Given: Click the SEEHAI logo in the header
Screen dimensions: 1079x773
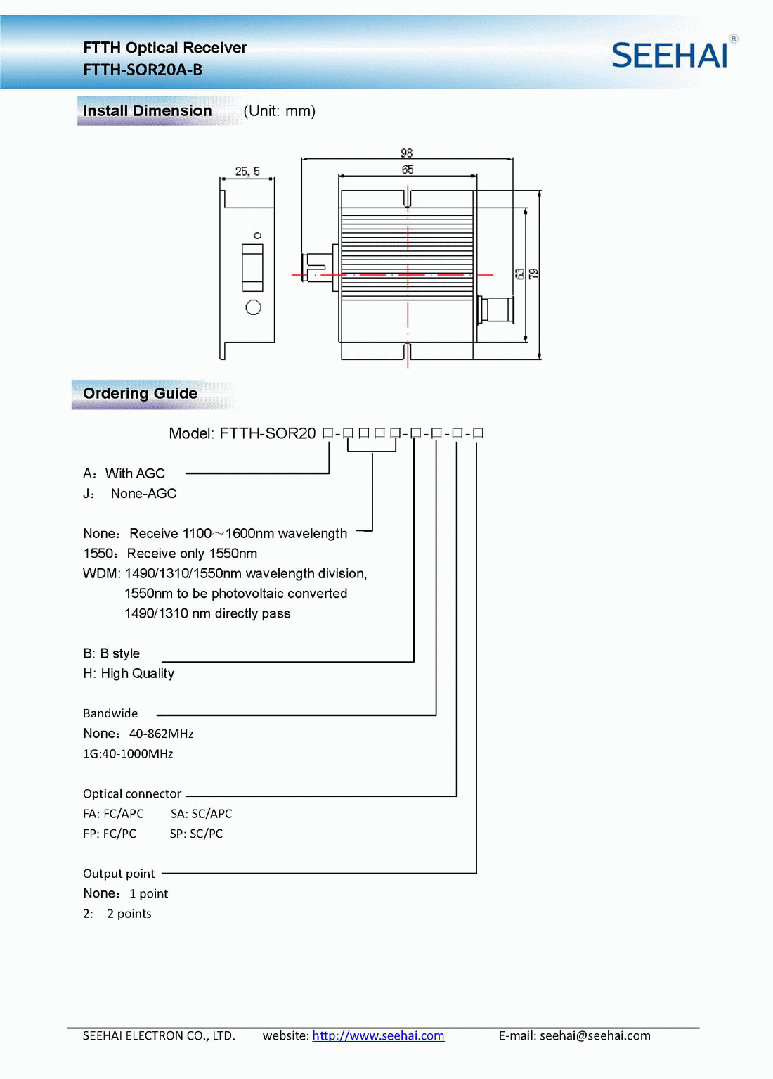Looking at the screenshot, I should pyautogui.click(x=670, y=56).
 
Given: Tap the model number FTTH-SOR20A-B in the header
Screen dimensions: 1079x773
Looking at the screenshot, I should pyautogui.click(x=143, y=70).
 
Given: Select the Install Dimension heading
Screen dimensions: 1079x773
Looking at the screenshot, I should pyautogui.click(x=147, y=111).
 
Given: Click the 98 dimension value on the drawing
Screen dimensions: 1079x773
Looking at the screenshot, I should pyautogui.click(x=407, y=153).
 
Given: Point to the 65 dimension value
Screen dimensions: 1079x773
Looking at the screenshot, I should pyautogui.click(x=408, y=170).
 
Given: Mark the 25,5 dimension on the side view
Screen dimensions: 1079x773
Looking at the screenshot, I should pyautogui.click(x=247, y=171).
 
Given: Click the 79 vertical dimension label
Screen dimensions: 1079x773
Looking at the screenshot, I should pyautogui.click(x=533, y=274).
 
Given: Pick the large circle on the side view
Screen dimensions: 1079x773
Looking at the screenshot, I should pyautogui.click(x=253, y=307).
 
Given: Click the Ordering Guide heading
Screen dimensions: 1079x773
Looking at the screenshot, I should pyautogui.click(x=140, y=394).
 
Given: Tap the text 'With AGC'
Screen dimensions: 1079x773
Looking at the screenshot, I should pyautogui.click(x=135, y=473).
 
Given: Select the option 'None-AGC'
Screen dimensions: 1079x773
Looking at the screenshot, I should pyautogui.click(x=143, y=494).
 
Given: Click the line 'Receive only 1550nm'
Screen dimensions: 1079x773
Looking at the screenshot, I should pyautogui.click(x=191, y=554).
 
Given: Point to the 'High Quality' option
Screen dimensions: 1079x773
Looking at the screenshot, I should pyautogui.click(x=137, y=674).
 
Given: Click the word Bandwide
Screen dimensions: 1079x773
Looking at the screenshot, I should pyautogui.click(x=110, y=713).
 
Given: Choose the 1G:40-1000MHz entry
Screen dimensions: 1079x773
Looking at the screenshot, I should pyautogui.click(x=128, y=753).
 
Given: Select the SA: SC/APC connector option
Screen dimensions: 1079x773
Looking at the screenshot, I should pyautogui.click(x=201, y=814).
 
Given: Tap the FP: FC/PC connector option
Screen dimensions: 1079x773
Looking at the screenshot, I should pyautogui.click(x=110, y=834).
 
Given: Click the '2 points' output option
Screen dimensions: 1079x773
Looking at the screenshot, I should pyautogui.click(x=129, y=914).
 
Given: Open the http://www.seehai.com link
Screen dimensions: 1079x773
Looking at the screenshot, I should pyautogui.click(x=378, y=1035).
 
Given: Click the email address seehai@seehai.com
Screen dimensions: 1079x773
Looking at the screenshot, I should pyautogui.click(x=595, y=1035).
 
